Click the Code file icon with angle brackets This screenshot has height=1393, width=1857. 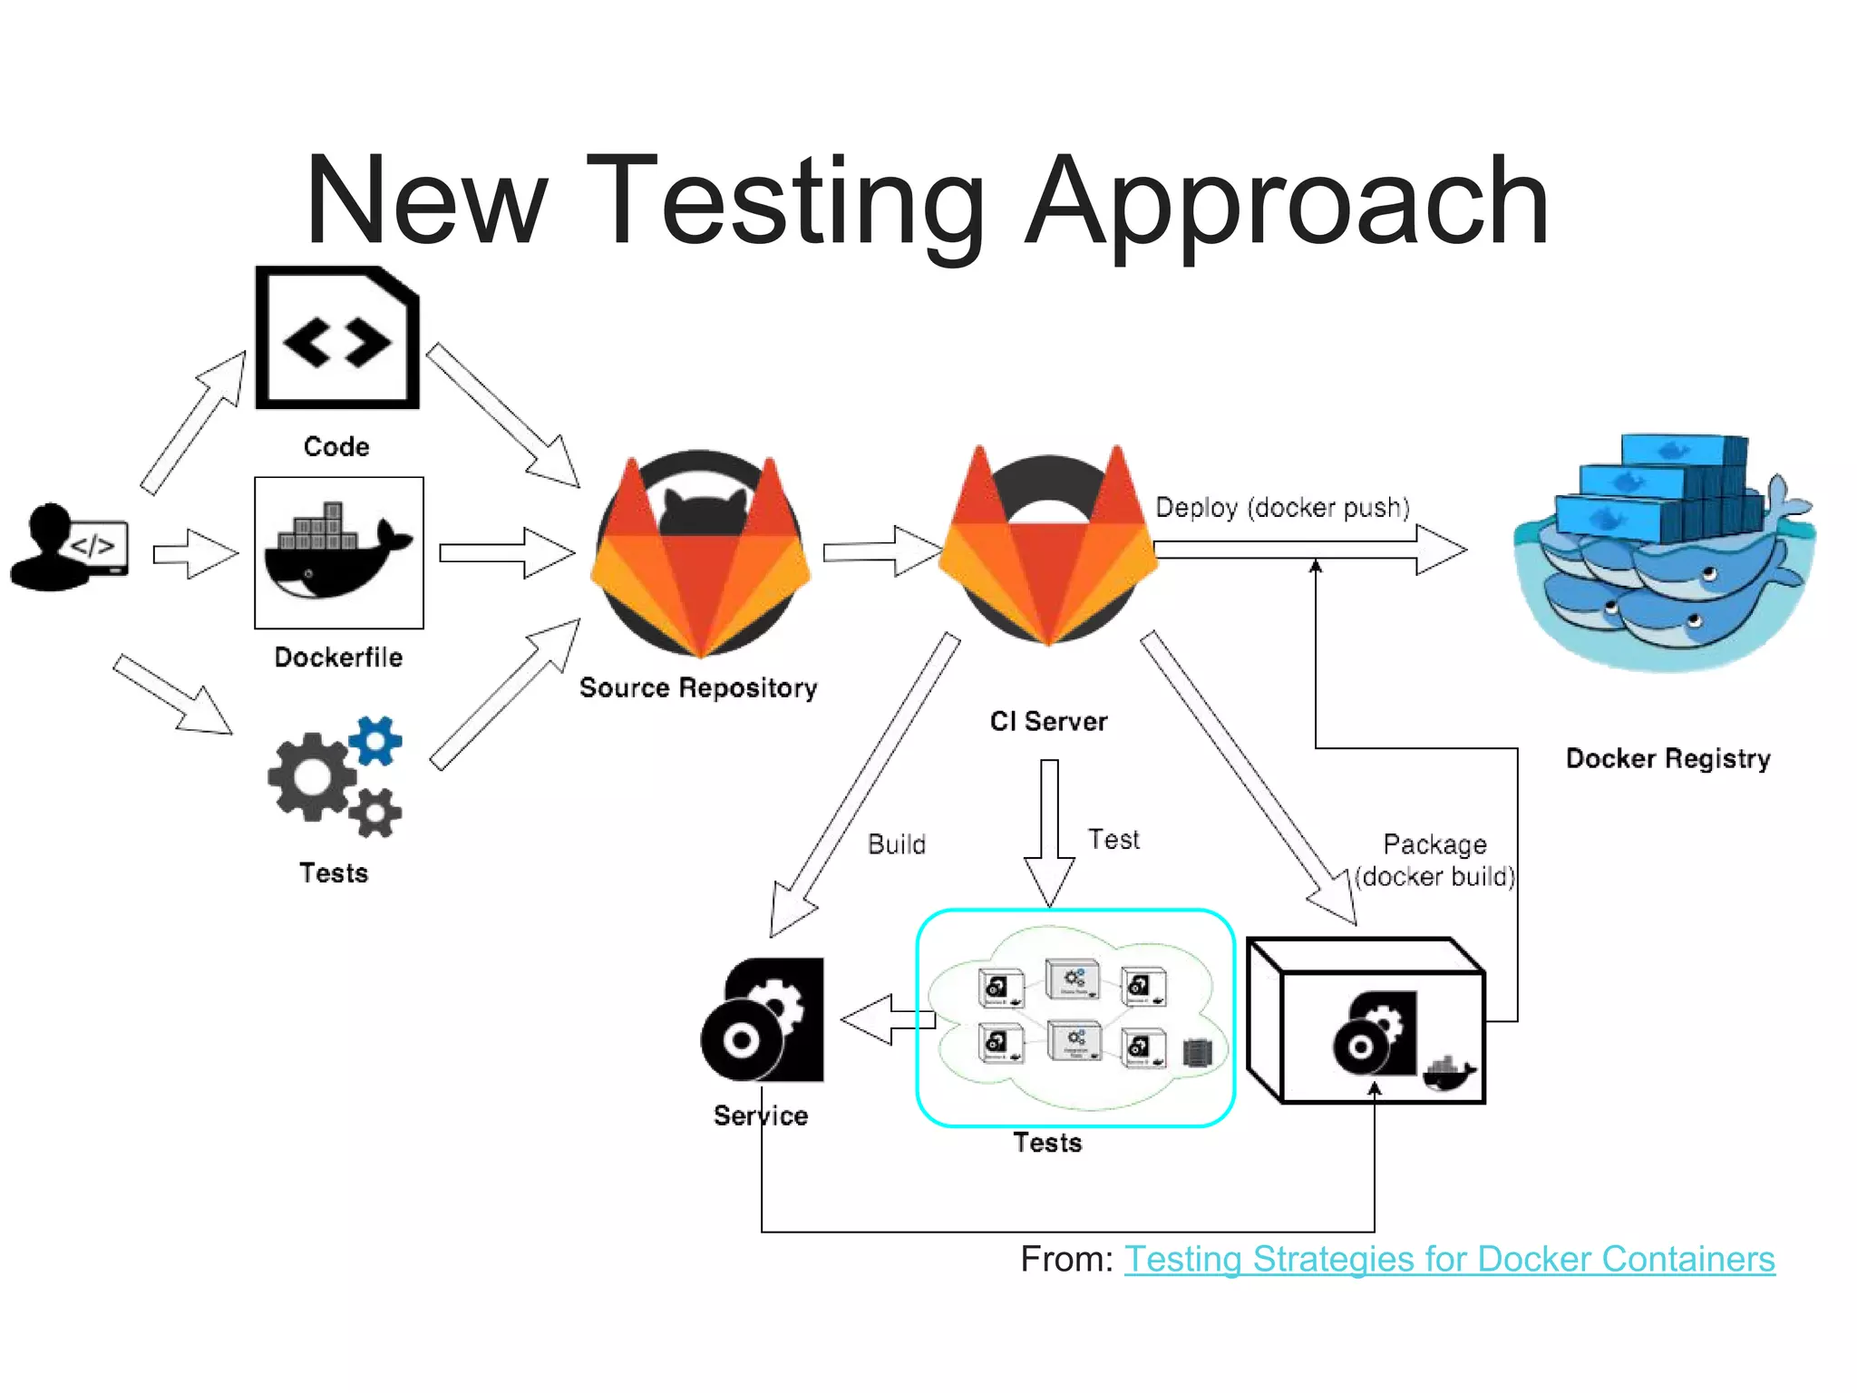pos(337,338)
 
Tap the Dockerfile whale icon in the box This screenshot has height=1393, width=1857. pos(338,553)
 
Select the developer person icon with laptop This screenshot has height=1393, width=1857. pos(68,548)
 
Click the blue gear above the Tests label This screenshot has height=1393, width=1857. pos(375,740)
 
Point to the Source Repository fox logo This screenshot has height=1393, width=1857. pos(699,555)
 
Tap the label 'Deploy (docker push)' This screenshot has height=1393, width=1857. pos(1282,508)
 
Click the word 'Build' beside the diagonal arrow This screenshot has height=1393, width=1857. pos(897,844)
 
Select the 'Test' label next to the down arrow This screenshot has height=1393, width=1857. pos(1113,840)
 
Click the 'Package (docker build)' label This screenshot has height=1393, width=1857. pos(1434,861)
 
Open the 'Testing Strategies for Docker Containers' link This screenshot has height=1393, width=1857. pos(1449,1259)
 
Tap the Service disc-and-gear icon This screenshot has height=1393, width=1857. pos(763,1019)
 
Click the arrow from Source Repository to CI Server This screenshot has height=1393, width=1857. pos(882,550)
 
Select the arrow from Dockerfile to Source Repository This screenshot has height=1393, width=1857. pos(507,552)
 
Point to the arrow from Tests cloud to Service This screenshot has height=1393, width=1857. pos(884,1019)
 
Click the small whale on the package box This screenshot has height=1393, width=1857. pos(1448,1074)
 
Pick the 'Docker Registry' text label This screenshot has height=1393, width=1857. pos(1667,758)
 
